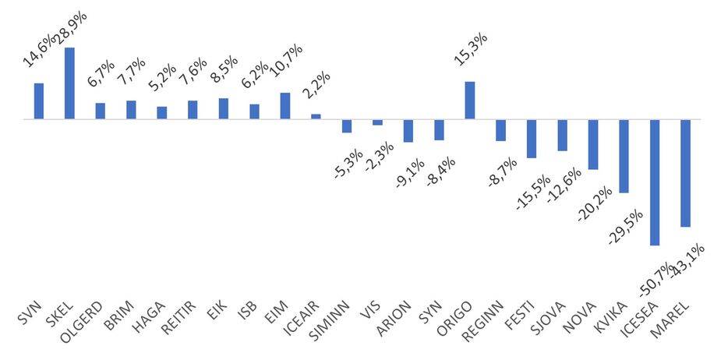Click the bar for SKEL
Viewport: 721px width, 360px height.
(x=69, y=83)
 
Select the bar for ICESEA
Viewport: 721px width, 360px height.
(x=655, y=182)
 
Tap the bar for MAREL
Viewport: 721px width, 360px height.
(x=686, y=173)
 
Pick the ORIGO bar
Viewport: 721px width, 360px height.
(x=470, y=101)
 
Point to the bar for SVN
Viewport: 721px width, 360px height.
(x=39, y=101)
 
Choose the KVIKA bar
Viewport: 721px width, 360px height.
(x=624, y=156)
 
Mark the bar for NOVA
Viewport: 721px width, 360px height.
(x=593, y=144)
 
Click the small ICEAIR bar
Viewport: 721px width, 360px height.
(x=316, y=117)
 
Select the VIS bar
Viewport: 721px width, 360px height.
(x=377, y=122)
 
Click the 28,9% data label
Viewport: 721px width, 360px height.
(x=71, y=27)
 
